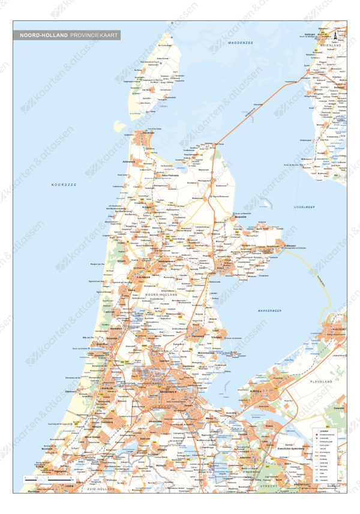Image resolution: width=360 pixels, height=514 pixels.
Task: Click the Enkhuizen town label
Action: click(x=273, y=246)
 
